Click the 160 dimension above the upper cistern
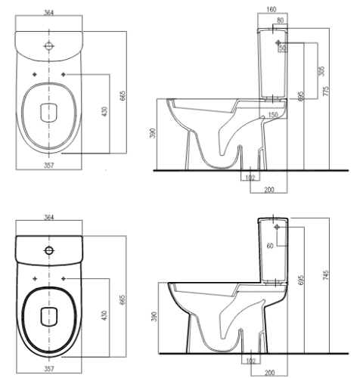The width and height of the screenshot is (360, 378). click(271, 9)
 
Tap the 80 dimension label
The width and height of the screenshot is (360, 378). click(280, 20)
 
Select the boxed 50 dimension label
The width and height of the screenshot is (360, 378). click(283, 48)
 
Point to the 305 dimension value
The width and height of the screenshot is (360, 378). click(321, 71)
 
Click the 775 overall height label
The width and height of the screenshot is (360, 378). click(326, 91)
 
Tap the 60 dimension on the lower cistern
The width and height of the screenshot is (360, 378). click(270, 246)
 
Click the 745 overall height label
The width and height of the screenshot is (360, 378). click(326, 275)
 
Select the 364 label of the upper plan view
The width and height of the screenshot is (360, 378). click(48, 12)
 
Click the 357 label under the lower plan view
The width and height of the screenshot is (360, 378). click(49, 369)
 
